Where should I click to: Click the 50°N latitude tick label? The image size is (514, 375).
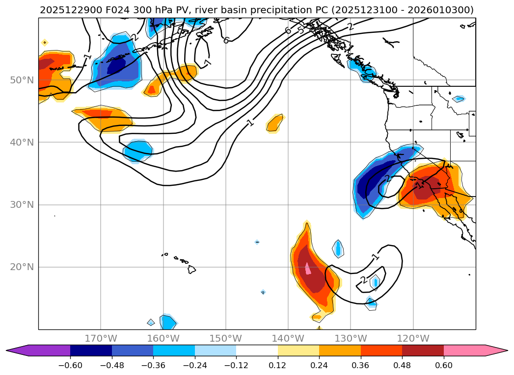coord(22,80)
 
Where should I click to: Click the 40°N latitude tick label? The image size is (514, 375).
coord(22,142)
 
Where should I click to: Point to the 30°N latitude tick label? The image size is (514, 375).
coord(22,204)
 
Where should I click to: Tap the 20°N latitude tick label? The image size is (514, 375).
coord(22,267)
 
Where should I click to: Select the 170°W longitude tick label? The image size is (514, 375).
coord(101,338)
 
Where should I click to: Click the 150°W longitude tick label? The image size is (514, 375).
coord(226,338)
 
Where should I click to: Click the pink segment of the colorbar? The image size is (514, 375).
coord(464,350)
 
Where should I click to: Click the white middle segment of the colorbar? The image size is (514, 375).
coord(257,350)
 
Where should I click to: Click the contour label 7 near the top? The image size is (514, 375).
coord(208,63)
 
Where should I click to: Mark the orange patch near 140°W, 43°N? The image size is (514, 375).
coord(275,124)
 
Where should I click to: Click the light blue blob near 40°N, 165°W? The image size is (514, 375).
coord(137,150)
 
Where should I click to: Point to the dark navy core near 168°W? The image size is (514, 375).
coord(116,65)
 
